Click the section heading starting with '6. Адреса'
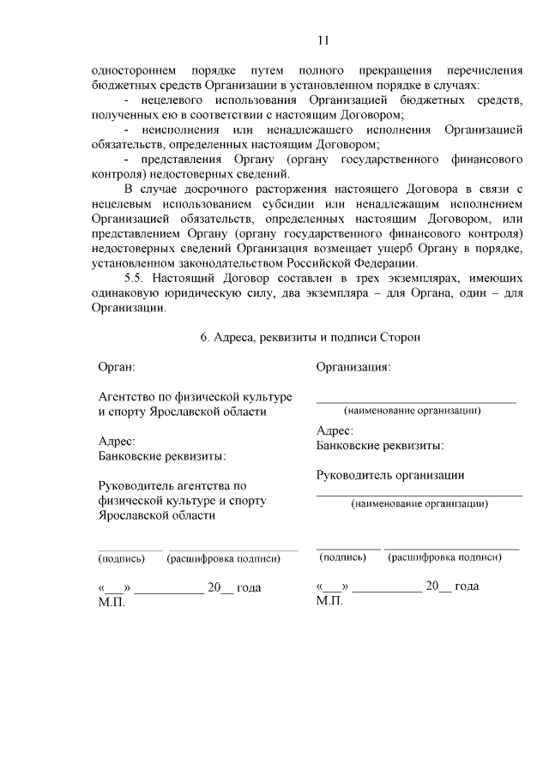tap(310, 338)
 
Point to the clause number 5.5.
tap(136, 279)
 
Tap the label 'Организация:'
tap(353, 367)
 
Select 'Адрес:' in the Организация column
tap(335, 431)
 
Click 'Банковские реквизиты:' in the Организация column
tap(380, 445)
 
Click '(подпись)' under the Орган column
tap(123, 559)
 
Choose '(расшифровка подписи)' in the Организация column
tap(444, 557)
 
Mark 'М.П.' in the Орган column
tap(112, 602)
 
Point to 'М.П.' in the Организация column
tap(329, 600)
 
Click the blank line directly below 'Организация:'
tap(416, 400)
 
